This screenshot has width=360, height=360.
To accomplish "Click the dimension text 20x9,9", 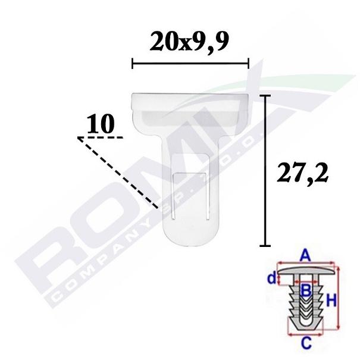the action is (x=189, y=42).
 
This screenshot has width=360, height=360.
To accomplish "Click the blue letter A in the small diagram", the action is (x=305, y=256).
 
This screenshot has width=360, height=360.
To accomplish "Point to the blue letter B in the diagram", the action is (x=306, y=290).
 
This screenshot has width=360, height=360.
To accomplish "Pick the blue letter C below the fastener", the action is (x=306, y=343).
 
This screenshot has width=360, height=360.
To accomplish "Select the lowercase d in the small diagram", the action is (x=271, y=278).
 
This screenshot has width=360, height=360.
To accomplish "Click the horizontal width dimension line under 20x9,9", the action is (x=190, y=63).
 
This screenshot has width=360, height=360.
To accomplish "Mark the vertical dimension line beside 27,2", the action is (x=265, y=170).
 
